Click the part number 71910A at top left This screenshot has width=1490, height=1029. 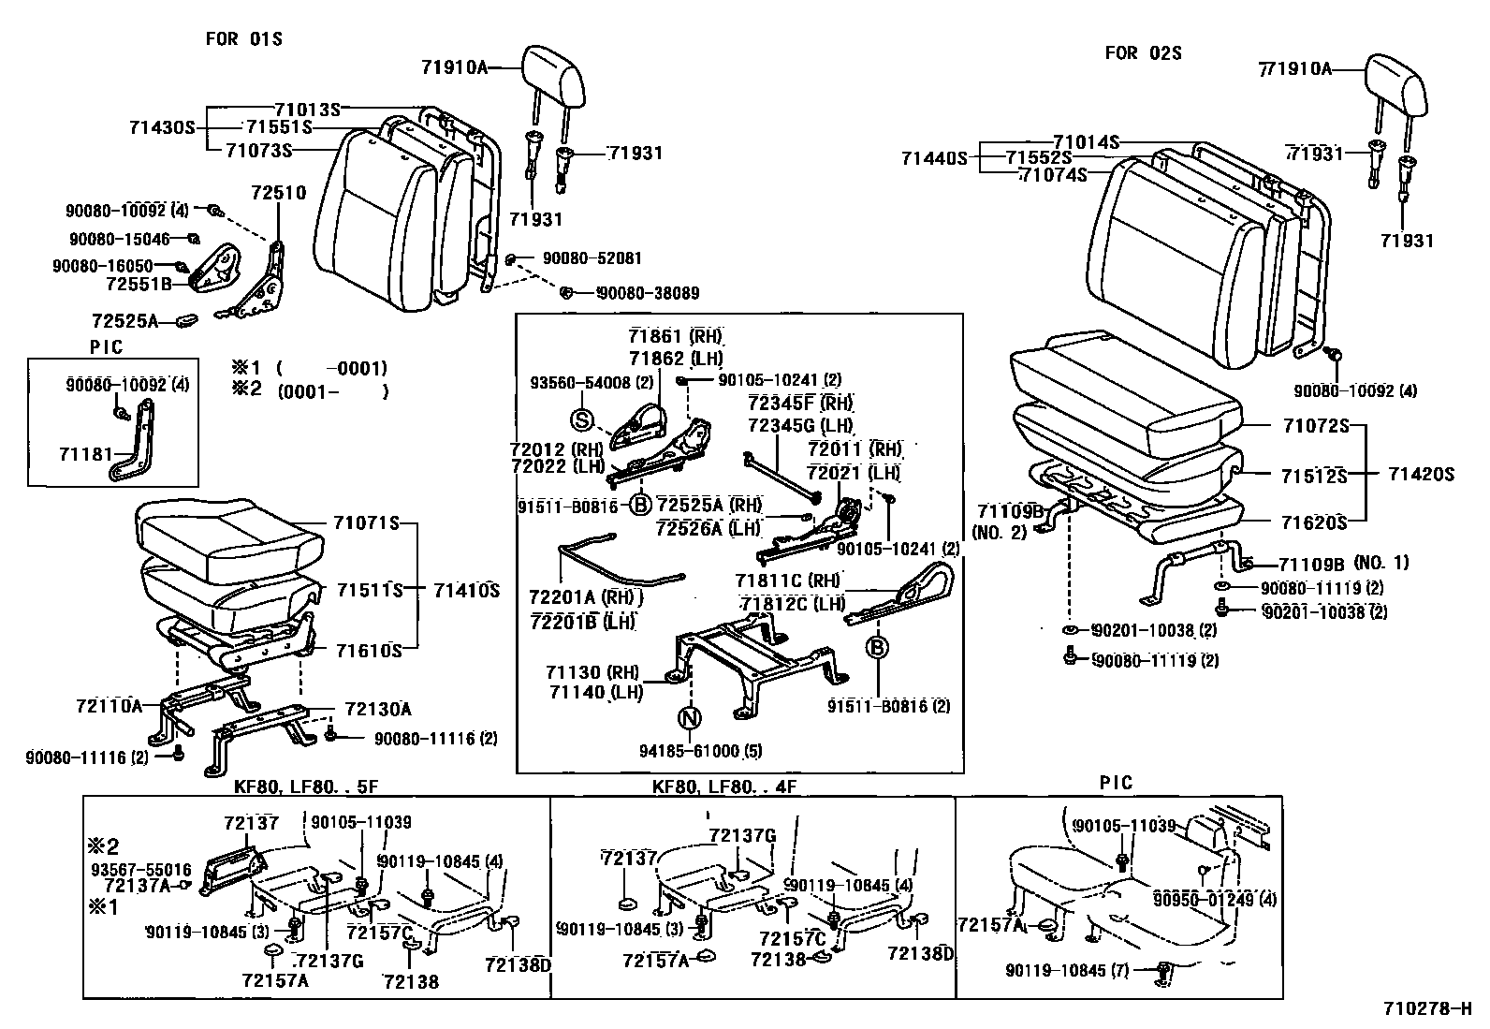point(455,67)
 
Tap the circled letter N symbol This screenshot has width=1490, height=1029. point(690,719)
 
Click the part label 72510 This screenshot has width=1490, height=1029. point(278,194)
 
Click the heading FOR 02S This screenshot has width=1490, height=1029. point(1143,53)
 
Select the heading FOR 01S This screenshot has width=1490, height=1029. point(243,38)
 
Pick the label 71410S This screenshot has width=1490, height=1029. point(467,591)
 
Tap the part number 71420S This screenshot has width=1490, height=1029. point(1421,475)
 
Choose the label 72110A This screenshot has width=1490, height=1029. point(109,705)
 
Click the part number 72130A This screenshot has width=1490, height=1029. point(378,709)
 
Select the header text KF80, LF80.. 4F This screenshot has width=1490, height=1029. point(725,787)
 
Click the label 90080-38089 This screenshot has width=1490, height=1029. point(649,293)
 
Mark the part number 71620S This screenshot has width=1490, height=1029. point(1314,522)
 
